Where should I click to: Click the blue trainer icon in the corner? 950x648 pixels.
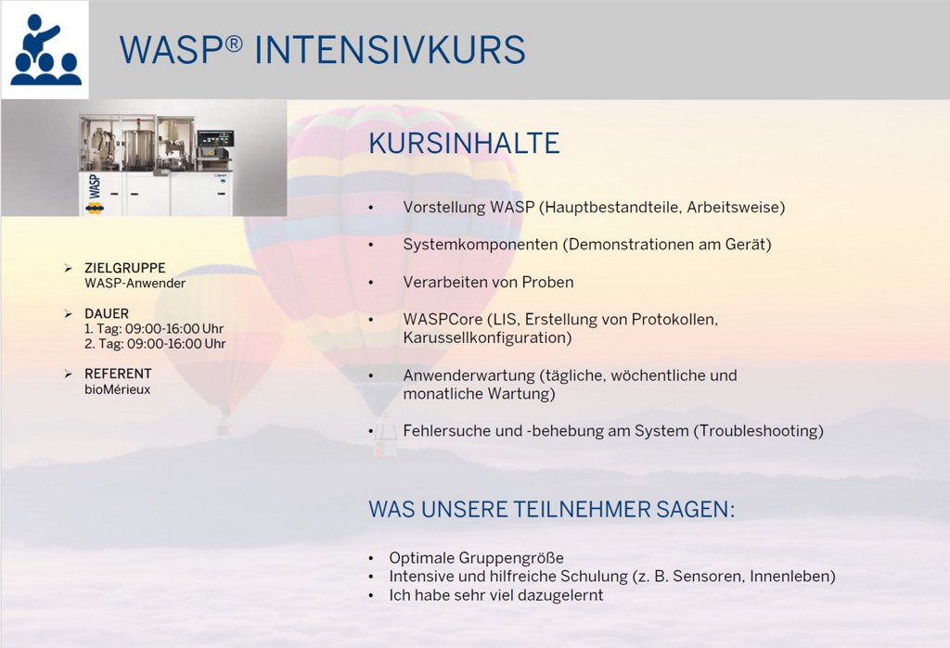[45, 50]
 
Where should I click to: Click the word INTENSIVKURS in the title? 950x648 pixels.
[390, 50]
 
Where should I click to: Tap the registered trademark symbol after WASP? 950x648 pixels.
[234, 44]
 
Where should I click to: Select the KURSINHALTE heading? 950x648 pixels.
[464, 144]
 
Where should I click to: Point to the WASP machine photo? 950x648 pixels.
[144, 159]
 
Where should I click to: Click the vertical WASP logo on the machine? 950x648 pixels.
[94, 186]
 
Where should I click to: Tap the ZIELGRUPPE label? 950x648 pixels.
[125, 268]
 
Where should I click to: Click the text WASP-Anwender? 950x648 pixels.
[135, 284]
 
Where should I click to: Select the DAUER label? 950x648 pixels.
[107, 313]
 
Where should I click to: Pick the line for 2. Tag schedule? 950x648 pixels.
[155, 344]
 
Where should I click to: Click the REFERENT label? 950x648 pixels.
[118, 374]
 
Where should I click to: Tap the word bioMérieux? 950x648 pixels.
[118, 389]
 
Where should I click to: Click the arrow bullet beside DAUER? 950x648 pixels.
[69, 313]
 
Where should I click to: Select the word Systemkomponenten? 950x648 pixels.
[481, 245]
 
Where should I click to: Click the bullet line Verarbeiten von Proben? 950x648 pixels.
[488, 282]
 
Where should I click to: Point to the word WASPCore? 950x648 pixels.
[443, 319]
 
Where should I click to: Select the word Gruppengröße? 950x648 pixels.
[511, 558]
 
